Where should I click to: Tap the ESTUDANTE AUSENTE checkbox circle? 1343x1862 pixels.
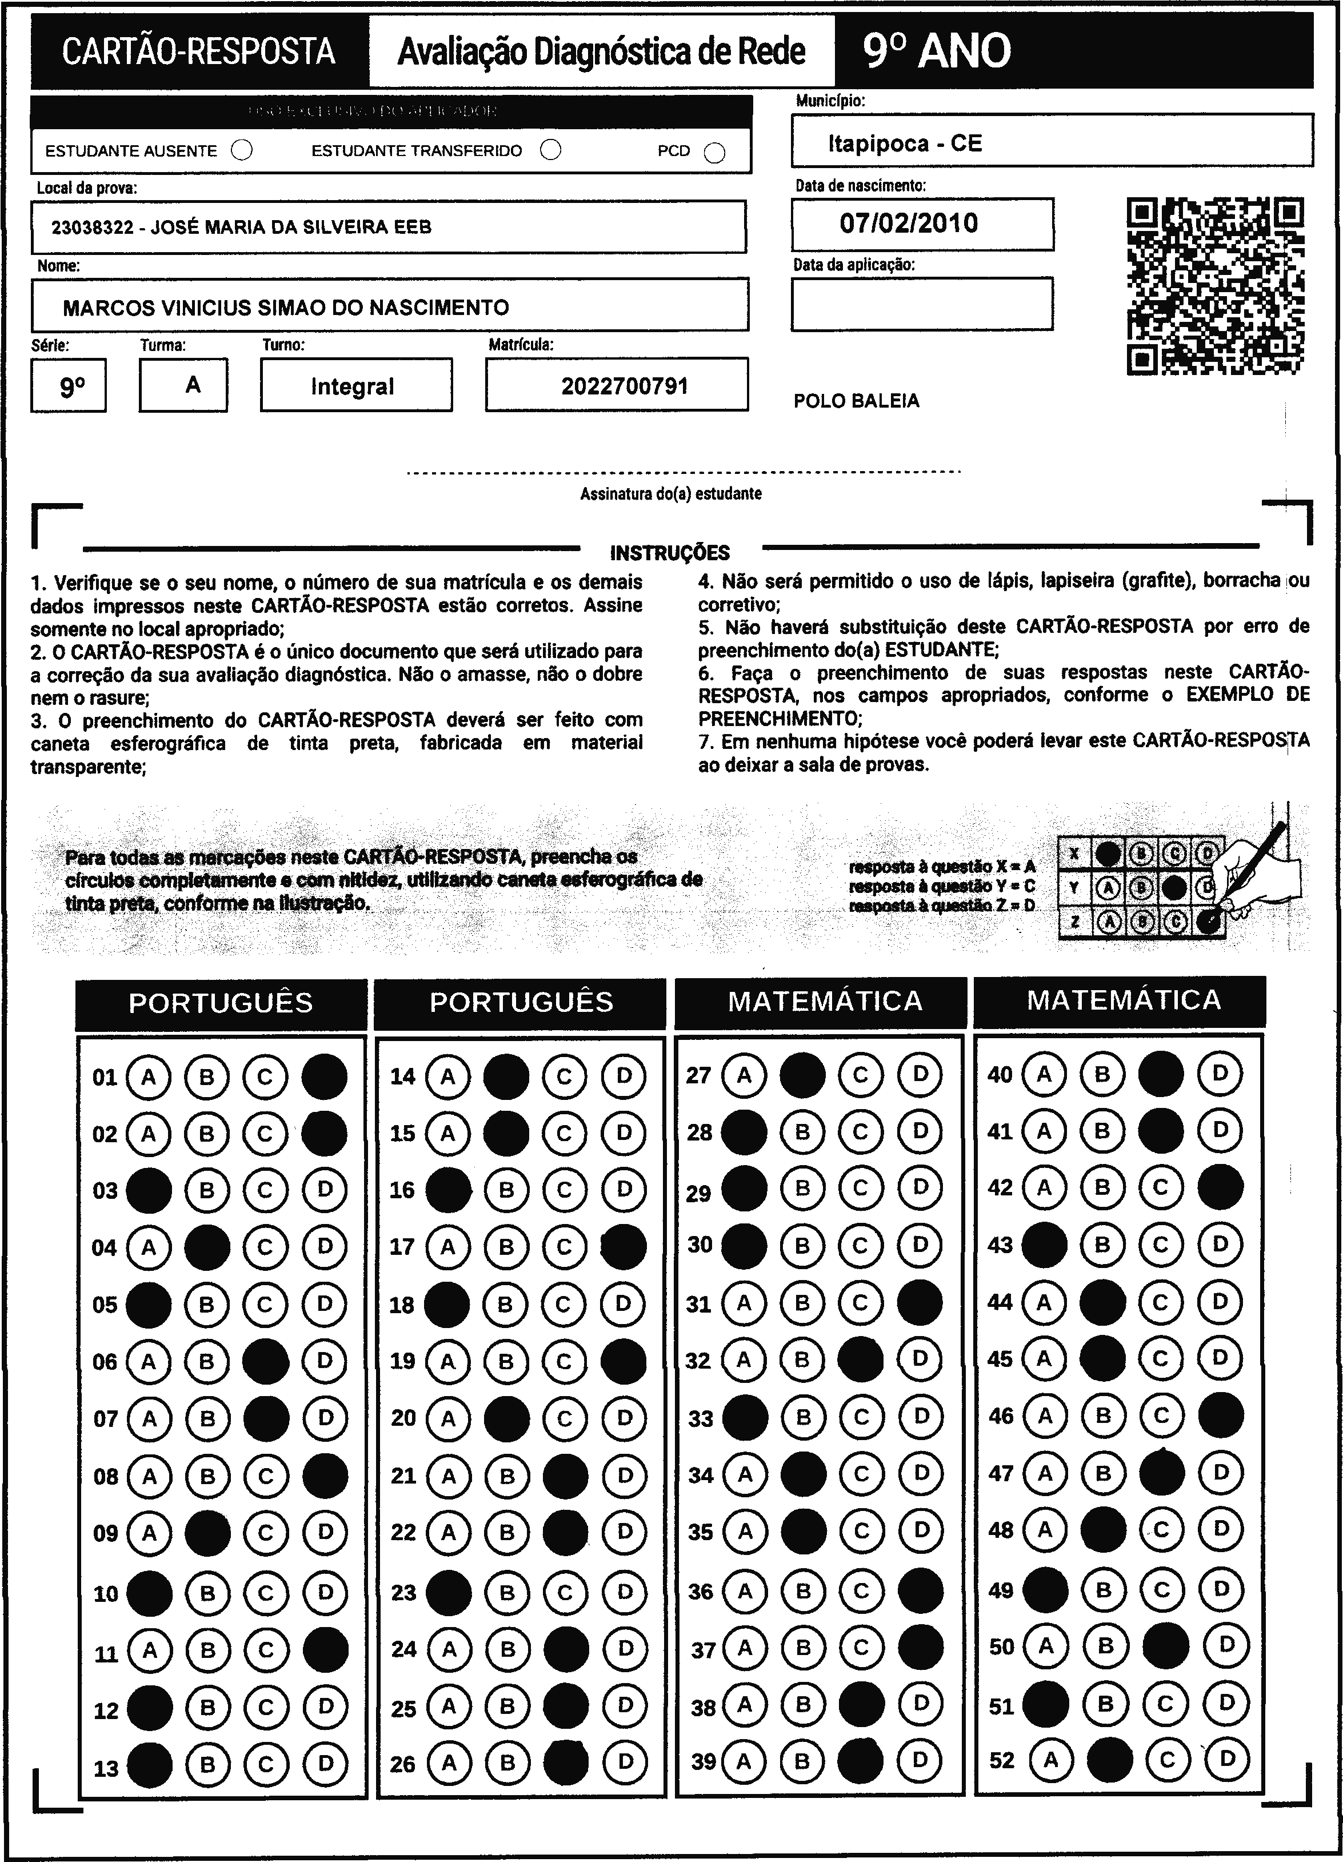pyautogui.click(x=242, y=151)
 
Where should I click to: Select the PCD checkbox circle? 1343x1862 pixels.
pyautogui.click(x=714, y=153)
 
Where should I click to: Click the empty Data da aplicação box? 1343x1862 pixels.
pyautogui.click(x=922, y=304)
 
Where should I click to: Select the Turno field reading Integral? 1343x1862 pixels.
pyautogui.click(x=353, y=386)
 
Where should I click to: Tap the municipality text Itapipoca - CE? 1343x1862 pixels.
pyautogui.click(x=905, y=143)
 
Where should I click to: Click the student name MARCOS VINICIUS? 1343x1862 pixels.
pyautogui.click(x=286, y=308)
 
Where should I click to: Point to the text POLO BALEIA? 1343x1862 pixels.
pyautogui.click(x=856, y=401)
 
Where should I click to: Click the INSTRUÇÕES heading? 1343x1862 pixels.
pyautogui.click(x=670, y=552)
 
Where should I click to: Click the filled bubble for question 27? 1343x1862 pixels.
pyautogui.click(x=802, y=1075)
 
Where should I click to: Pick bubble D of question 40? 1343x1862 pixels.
pyautogui.click(x=1220, y=1073)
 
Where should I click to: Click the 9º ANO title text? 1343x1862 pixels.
pyautogui.click(x=937, y=51)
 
